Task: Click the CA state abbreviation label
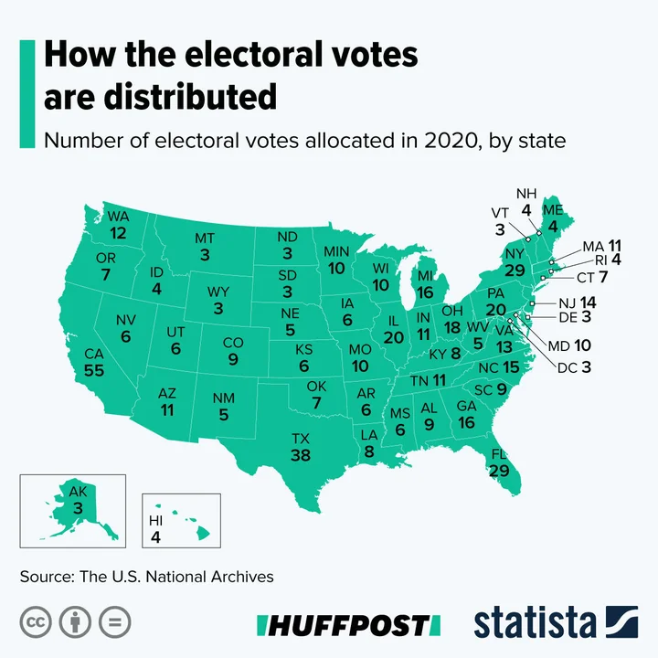[93, 354]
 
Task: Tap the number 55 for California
[93, 370]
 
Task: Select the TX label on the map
[301, 438]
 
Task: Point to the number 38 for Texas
[301, 454]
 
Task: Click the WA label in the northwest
[119, 217]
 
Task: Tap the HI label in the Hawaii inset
[155, 521]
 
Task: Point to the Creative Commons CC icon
[35, 622]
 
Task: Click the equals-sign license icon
[115, 622]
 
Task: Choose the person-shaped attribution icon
[75, 622]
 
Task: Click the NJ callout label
[561, 302]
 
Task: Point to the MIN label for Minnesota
[337, 252]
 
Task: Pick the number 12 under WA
[119, 233]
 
